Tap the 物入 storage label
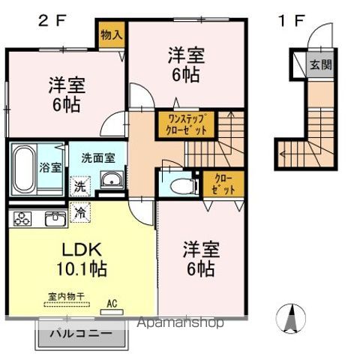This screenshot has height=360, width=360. [x=112, y=34]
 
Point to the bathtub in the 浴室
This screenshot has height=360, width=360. [x=23, y=166]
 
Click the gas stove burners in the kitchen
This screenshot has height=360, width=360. [x=22, y=220]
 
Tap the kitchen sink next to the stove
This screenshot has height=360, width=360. [x=54, y=219]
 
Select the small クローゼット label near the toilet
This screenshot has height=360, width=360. [x=223, y=184]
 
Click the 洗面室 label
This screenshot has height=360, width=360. [x=98, y=158]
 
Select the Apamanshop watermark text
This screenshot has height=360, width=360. [x=179, y=323]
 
